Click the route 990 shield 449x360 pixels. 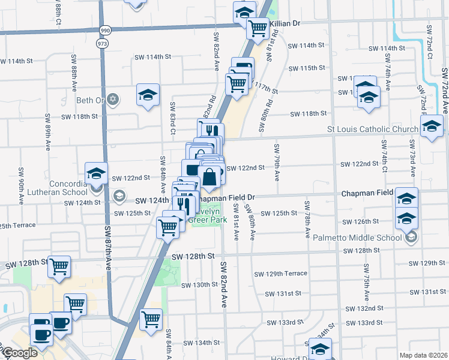point(106,29)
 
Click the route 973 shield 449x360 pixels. point(106,43)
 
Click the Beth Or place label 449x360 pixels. point(91,100)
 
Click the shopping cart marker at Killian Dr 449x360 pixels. point(258,27)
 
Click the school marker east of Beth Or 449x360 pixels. point(148,95)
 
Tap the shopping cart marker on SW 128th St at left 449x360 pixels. point(59,266)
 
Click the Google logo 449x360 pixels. point(20,353)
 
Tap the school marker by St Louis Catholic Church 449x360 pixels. point(431,127)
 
